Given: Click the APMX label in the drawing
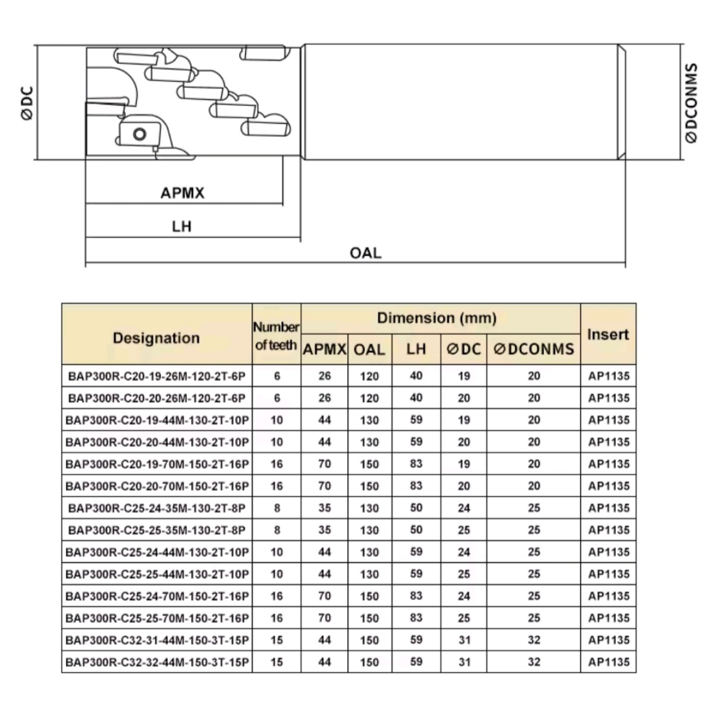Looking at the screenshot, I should point(182,193).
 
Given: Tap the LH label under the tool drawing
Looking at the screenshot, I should point(181,227).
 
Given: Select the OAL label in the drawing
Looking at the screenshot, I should point(365,253).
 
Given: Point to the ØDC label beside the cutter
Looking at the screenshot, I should point(28,104).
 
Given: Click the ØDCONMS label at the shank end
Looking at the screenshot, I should point(691,102).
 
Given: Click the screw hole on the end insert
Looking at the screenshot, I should point(139,133).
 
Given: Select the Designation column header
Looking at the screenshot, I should point(156,338).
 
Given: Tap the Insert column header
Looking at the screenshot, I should point(608,334).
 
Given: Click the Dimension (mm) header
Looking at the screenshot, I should point(437,318).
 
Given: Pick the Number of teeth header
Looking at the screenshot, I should point(276,336).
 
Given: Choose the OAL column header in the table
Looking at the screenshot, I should point(369,349).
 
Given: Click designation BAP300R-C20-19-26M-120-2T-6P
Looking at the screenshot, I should point(157,376).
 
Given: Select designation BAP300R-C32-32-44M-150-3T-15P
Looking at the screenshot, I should point(157,662).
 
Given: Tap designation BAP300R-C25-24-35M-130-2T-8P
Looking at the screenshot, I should point(157,509).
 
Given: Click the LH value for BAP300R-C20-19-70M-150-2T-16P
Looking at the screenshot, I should point(416,464).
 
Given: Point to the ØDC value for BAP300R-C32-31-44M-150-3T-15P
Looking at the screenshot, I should point(464,640).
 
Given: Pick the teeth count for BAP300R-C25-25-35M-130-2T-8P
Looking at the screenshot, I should point(276,530).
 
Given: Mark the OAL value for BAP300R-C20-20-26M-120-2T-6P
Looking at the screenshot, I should point(369,398).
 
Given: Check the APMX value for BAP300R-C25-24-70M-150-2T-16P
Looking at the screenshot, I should point(324,596).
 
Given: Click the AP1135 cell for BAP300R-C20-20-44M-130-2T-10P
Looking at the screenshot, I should point(609,442).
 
